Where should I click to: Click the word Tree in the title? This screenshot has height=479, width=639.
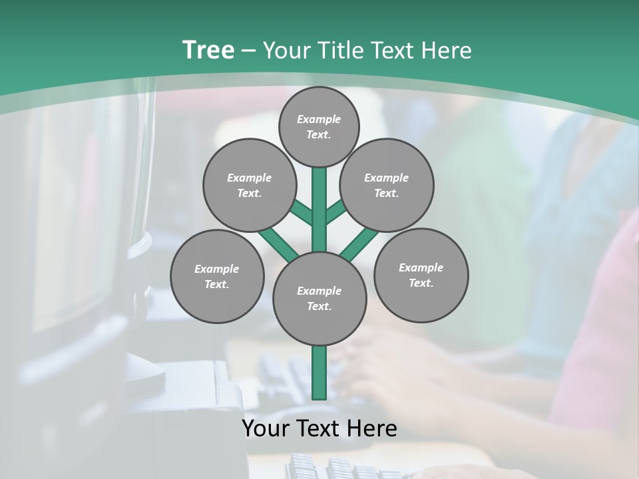coord(208,51)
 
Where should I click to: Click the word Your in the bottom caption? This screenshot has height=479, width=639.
coord(266,428)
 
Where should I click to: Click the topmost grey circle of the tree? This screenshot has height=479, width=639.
coord(319,126)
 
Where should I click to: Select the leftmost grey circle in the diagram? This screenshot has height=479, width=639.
coord(217,276)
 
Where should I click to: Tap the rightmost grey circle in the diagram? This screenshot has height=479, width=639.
coord(421,275)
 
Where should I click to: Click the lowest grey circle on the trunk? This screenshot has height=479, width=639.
coord(319,299)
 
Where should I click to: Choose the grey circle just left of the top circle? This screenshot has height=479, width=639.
coord(249,185)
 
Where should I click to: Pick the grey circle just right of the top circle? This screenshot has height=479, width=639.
coord(387,185)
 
